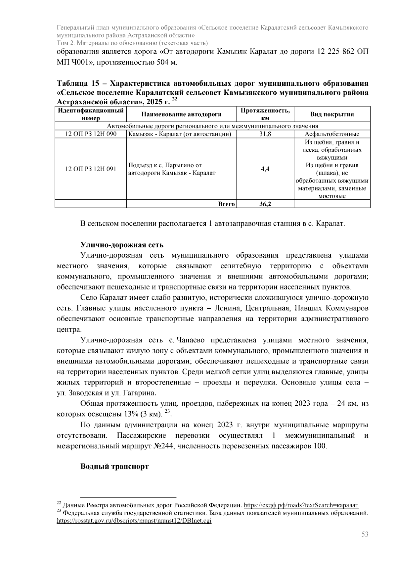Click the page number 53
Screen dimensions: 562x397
[365, 534]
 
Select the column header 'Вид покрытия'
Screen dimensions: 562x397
[332, 114]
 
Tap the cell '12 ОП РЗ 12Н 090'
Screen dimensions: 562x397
[91, 134]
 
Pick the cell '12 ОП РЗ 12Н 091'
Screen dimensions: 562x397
[91, 169]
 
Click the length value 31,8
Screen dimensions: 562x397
[265, 134]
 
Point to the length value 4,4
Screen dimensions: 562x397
[265, 169]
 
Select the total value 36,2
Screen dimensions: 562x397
[265, 204]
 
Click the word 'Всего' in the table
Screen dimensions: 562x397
[226, 204]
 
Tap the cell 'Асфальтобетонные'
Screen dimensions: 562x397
[332, 134]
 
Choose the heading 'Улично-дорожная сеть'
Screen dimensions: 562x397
[122, 245]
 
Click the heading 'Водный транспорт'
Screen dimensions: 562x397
[114, 466]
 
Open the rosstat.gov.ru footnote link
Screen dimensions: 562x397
[134, 521]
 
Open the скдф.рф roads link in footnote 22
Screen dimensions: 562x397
[301, 505]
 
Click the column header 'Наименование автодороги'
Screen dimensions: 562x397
[181, 114]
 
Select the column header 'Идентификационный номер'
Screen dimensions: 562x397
[91, 114]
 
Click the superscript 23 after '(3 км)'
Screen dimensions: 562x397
[167, 411]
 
